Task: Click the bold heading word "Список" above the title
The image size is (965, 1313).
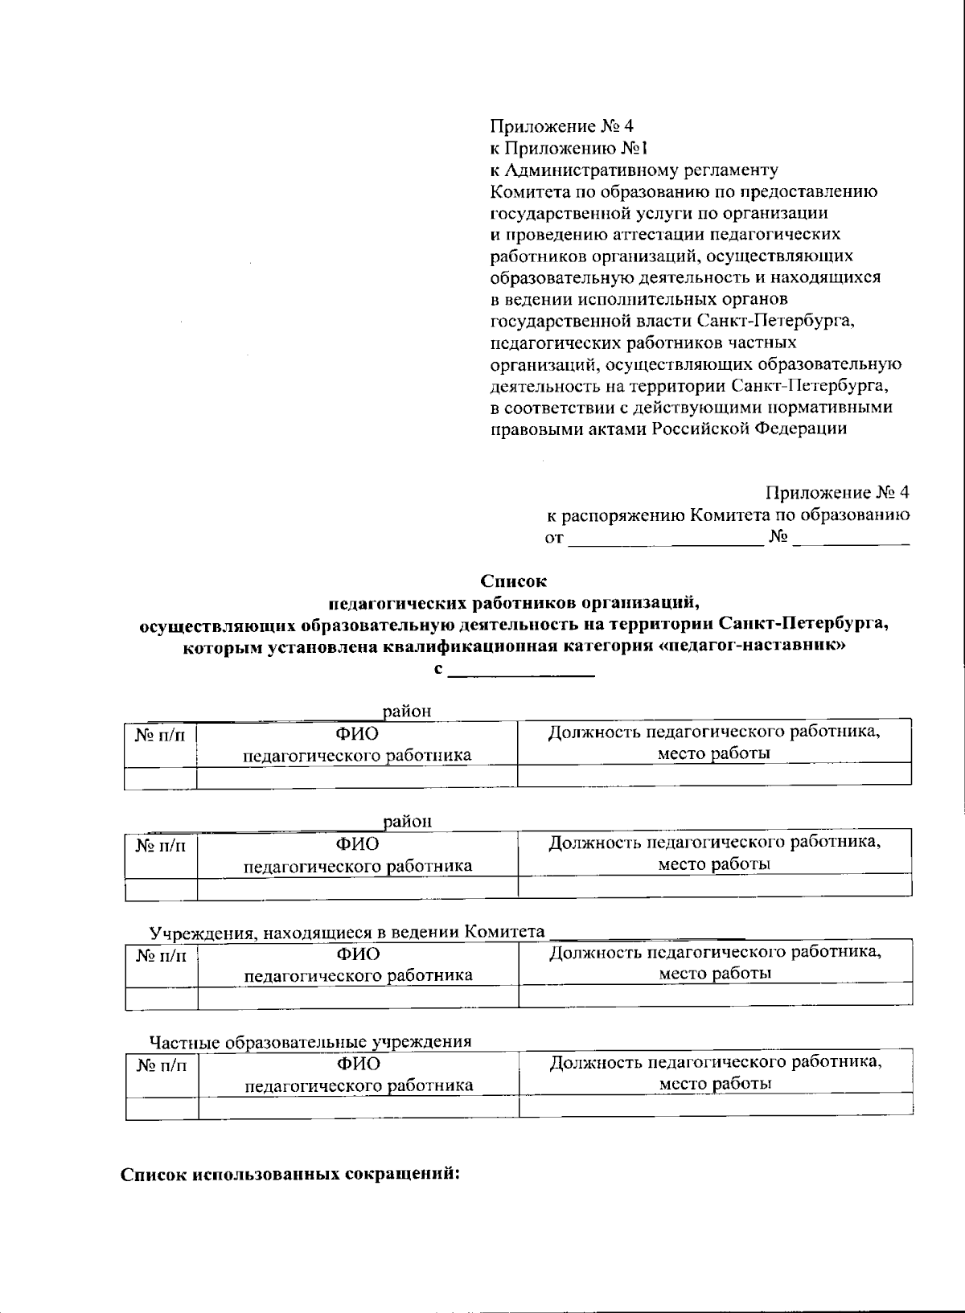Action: tap(513, 580)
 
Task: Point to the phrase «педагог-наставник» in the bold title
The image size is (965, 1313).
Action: tap(752, 647)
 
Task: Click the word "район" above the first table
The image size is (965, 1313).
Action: tap(407, 711)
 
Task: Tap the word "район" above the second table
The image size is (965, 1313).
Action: tap(407, 822)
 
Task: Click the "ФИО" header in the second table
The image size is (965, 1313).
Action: tap(358, 843)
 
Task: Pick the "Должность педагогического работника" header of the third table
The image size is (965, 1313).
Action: tap(715, 953)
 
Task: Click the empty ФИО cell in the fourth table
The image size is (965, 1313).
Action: tap(358, 1108)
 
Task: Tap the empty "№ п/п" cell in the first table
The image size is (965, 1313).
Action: tap(160, 778)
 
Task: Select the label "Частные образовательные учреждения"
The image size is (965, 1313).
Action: tap(310, 1043)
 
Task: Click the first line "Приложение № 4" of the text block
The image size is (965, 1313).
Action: tap(562, 126)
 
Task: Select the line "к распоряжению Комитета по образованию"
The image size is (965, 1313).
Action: tap(728, 515)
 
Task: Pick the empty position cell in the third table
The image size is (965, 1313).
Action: tap(715, 995)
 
